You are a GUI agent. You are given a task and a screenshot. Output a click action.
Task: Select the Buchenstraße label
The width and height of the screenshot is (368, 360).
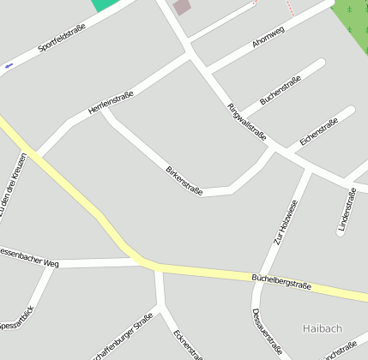281,90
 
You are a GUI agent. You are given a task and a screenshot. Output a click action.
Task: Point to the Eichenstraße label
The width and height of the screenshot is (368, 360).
319,129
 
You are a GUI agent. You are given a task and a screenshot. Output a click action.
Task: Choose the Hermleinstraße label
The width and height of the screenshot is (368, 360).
111,103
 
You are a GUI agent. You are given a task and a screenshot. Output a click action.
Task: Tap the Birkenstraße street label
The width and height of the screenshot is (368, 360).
184,180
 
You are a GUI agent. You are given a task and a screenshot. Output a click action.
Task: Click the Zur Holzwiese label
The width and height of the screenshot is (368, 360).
286,223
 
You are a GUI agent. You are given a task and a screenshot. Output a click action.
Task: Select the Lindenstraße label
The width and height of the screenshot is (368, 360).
347,211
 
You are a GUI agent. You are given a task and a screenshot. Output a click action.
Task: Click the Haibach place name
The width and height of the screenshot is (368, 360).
323,328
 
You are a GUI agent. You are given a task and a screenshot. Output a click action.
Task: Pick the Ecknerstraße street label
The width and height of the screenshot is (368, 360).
189,345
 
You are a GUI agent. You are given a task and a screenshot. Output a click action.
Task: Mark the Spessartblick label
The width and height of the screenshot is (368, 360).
17,319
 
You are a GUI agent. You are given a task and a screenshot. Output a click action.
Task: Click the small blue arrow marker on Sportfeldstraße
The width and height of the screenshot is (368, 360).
9,65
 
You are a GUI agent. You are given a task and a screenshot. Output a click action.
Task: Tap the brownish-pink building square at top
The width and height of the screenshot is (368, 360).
182,8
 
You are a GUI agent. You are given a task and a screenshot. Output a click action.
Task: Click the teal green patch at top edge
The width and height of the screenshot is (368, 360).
106,4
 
